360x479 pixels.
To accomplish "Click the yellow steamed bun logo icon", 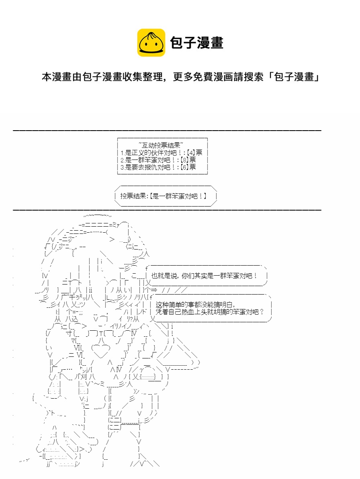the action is (151, 43).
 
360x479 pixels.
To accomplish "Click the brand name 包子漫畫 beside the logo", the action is (196, 43).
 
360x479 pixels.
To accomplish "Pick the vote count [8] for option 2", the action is (184, 160).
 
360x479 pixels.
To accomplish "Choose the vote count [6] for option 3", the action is (184, 167).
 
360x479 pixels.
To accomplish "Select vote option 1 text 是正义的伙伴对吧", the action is (151, 152).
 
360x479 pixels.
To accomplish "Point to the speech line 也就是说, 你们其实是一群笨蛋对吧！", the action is (204, 276).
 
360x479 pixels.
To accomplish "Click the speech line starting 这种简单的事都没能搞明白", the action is (195, 305).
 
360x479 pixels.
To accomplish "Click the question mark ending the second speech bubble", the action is (262, 312).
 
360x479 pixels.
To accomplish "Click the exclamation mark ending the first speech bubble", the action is (255, 276).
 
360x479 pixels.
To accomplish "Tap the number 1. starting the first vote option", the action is (122, 153).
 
